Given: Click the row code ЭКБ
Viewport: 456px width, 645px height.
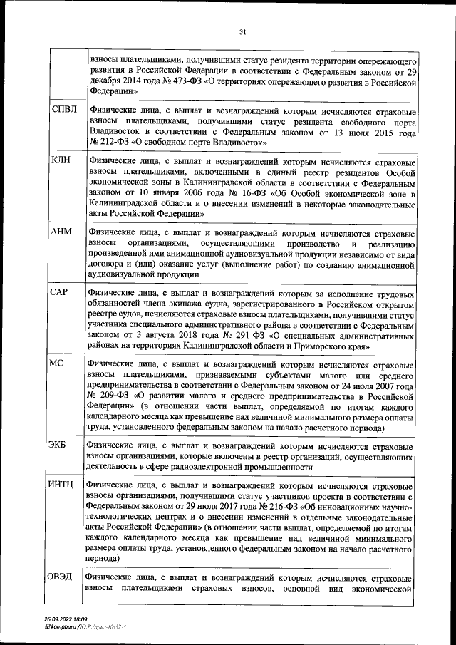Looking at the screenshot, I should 60,445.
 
